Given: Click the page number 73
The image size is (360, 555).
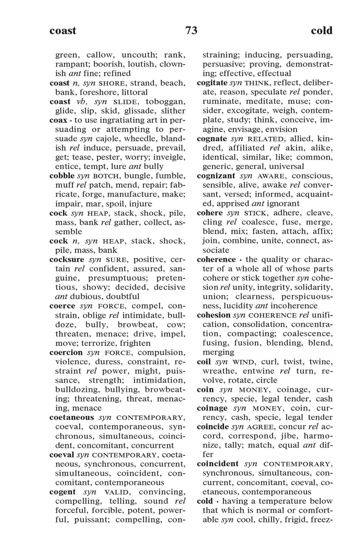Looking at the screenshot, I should [x=191, y=30].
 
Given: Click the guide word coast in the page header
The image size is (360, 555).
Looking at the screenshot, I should [x=63, y=30].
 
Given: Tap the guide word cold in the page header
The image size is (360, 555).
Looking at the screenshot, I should [x=322, y=30].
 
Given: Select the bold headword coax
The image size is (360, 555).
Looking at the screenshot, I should [x=58, y=120].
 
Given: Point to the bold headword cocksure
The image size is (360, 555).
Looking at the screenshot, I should [x=67, y=259].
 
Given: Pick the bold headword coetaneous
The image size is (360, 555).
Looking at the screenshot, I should [x=72, y=417].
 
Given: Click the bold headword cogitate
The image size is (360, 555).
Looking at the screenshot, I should [x=212, y=83].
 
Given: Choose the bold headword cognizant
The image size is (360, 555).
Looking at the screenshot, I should [x=216, y=176].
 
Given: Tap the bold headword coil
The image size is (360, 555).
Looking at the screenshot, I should [x=203, y=361].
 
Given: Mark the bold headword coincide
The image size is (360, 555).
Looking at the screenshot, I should [x=213, y=427].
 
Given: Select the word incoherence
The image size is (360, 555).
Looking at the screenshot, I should [x=294, y=306].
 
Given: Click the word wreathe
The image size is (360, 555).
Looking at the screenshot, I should [x=220, y=371].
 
